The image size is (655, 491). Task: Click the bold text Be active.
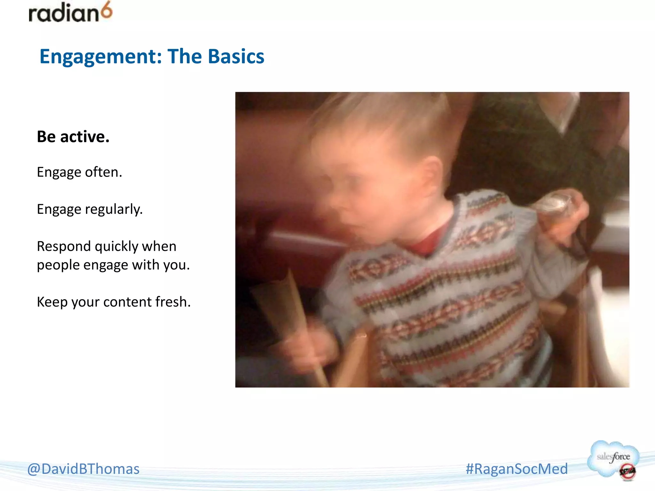click(x=73, y=136)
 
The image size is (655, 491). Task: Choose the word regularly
click(x=114, y=209)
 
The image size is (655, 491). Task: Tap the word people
click(x=58, y=265)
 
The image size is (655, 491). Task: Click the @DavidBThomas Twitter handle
click(x=83, y=469)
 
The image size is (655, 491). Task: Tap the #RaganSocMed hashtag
click(x=517, y=469)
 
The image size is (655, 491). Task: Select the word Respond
click(x=64, y=246)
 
